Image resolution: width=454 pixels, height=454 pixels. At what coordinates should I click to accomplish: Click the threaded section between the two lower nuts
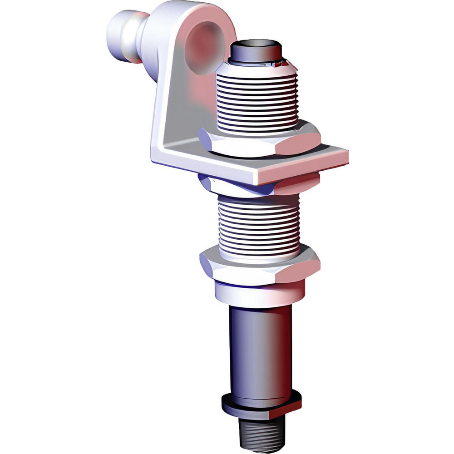(x=259, y=222)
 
